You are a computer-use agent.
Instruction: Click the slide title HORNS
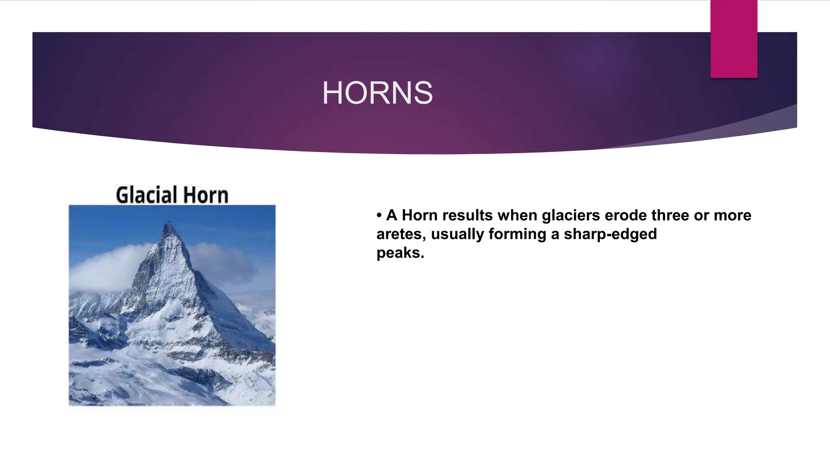377,93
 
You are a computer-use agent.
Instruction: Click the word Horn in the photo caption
205,195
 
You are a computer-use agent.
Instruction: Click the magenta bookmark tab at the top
734,39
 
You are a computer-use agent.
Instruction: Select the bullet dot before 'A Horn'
379,215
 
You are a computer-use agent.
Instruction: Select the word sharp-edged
610,234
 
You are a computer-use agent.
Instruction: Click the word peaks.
400,253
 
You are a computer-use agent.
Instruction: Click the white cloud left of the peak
101,268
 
